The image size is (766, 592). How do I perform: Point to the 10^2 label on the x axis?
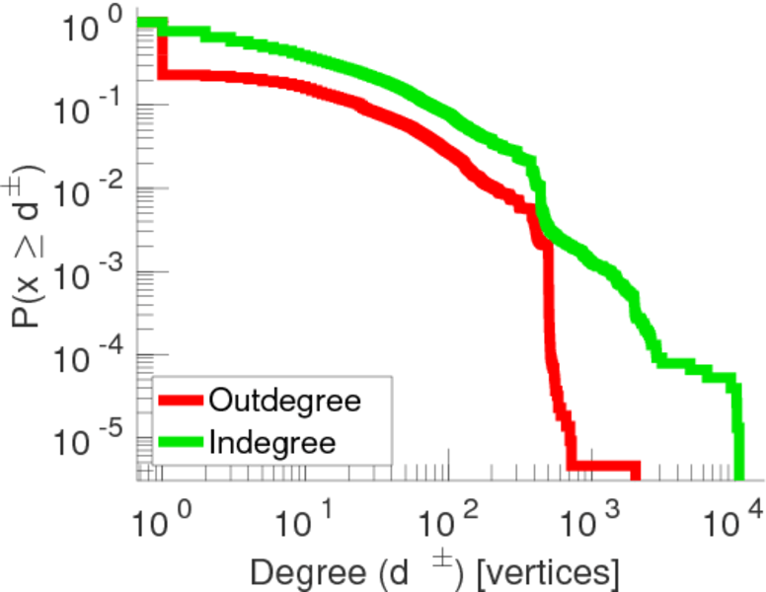click(447, 514)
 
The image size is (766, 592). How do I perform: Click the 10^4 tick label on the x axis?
click(734, 514)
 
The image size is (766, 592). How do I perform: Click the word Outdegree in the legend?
click(283, 401)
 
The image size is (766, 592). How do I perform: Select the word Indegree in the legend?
click(271, 442)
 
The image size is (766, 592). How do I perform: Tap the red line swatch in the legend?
click(180, 401)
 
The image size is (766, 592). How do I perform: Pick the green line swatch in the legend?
click(180, 442)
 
